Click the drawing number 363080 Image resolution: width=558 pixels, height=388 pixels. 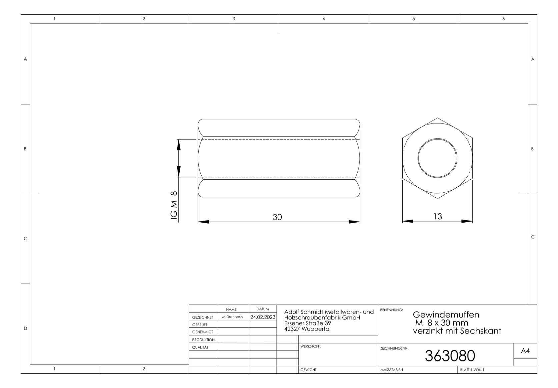point(450,356)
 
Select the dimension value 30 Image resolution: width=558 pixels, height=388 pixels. point(277,217)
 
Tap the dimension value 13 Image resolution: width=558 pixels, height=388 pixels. point(437,217)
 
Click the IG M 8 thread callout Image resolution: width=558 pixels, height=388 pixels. point(174,205)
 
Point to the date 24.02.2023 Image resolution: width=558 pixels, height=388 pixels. point(263,317)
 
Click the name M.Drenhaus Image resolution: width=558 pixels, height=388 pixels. point(232,317)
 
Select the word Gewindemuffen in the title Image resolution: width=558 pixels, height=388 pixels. point(446,314)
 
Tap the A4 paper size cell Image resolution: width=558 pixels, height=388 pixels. point(525,351)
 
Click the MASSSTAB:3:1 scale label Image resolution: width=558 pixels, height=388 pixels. point(391,370)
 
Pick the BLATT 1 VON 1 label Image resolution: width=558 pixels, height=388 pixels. point(472,370)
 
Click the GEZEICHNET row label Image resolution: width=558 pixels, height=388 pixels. point(202,317)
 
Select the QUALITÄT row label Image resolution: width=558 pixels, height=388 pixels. point(200,347)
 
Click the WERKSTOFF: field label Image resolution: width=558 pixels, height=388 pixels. point(310,346)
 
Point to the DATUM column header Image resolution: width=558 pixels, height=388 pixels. point(263,309)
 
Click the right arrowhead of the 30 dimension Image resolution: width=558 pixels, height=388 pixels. point(355,222)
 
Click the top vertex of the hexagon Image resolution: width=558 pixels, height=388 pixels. point(437,118)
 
